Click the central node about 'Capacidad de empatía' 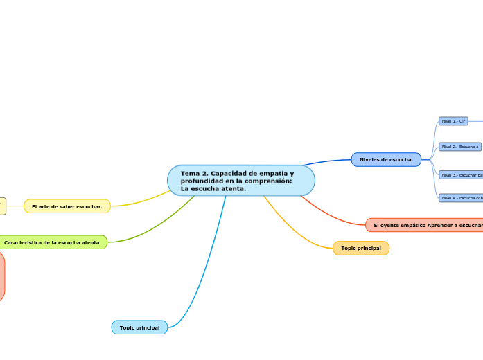pyautogui.click(x=241, y=181)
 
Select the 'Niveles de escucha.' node pyautogui.click(x=386, y=160)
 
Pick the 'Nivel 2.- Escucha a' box pyautogui.click(x=460, y=147)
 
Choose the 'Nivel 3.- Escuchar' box pyautogui.click(x=462, y=175)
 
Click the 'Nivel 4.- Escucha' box pyautogui.click(x=462, y=198)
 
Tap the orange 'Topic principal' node pyautogui.click(x=361, y=248)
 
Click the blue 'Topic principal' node pyautogui.click(x=139, y=327)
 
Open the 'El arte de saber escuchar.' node pyautogui.click(x=67, y=206)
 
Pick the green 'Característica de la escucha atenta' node pyautogui.click(x=52, y=242)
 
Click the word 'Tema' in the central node pyautogui.click(x=190, y=173)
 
